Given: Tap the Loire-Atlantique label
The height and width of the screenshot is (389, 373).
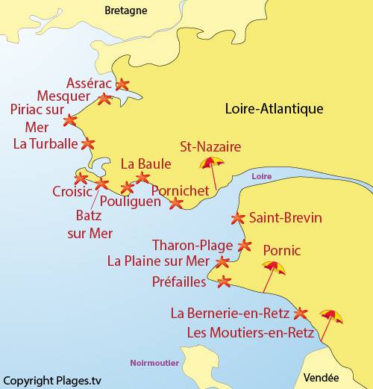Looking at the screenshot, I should [274, 108].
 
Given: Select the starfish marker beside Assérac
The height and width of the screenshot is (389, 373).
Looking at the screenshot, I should [122, 85].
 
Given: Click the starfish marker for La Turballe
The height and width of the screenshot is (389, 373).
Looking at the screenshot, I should [88, 143].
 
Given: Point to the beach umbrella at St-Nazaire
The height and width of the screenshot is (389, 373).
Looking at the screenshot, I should [212, 164].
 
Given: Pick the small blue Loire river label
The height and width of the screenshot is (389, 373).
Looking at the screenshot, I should [261, 176].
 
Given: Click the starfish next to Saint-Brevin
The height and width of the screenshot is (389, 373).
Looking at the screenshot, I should [238, 219].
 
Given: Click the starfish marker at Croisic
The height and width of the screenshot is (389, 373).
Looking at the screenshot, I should [81, 178].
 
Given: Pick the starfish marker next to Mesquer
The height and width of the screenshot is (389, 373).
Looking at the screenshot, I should [105, 99].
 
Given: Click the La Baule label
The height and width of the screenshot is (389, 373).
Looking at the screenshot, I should [145, 164].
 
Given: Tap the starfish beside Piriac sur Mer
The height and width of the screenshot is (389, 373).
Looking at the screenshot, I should [70, 119].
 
